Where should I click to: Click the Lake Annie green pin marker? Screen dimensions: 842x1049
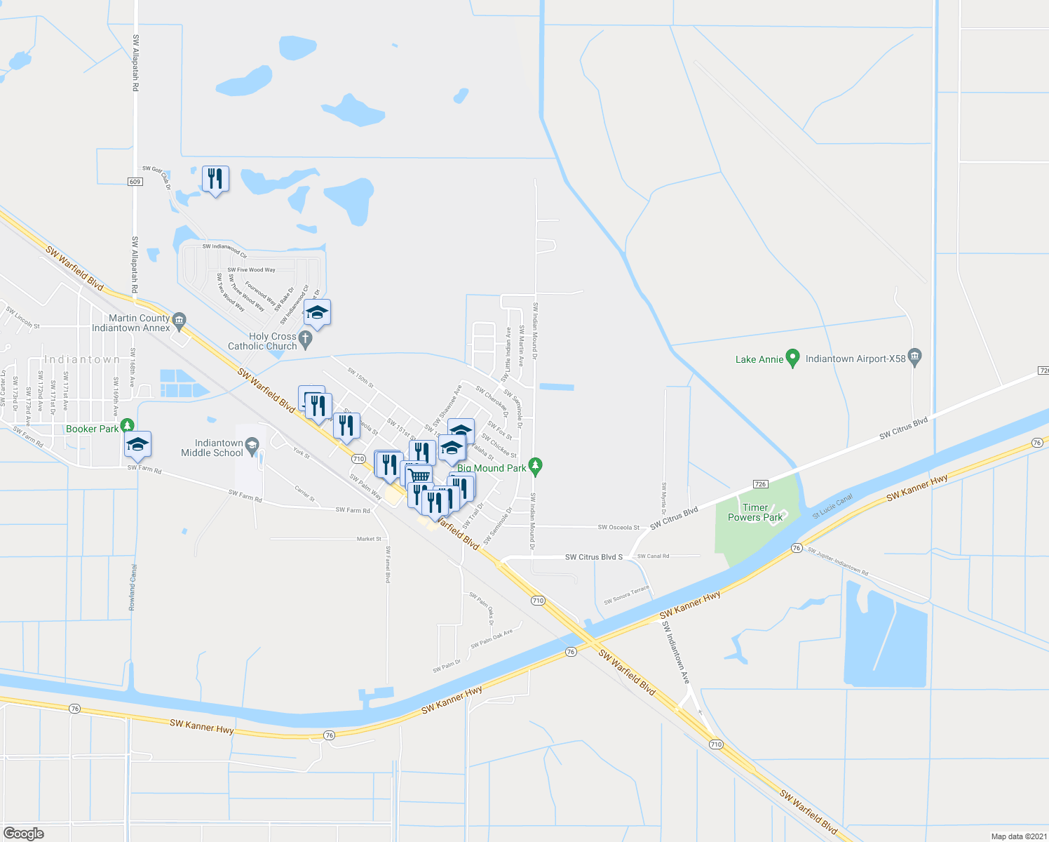(793, 358)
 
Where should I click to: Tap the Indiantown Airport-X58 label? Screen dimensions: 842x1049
(855, 359)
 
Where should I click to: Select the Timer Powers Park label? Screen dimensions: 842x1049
(755, 512)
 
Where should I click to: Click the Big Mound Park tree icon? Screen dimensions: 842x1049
(536, 465)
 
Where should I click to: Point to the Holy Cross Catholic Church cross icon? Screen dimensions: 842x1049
(305, 340)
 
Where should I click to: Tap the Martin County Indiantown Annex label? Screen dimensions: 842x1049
(131, 323)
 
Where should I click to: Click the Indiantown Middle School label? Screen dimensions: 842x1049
(212, 448)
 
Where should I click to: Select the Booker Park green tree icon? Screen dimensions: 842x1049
(127, 425)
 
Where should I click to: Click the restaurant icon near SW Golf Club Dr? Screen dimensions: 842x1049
(215, 179)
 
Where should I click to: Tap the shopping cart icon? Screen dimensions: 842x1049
(419, 476)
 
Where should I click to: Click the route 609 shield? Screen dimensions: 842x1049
(135, 182)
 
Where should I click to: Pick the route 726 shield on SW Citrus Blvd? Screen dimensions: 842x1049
(760, 484)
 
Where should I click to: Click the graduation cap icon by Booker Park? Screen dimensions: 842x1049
(137, 444)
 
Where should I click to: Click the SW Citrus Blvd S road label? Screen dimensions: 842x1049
(594, 557)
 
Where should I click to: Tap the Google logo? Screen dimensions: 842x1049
(24, 833)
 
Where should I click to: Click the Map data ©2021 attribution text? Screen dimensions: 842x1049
(1017, 836)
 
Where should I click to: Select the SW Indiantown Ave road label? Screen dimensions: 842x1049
(676, 653)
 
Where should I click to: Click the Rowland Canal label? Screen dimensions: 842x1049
(132, 587)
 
